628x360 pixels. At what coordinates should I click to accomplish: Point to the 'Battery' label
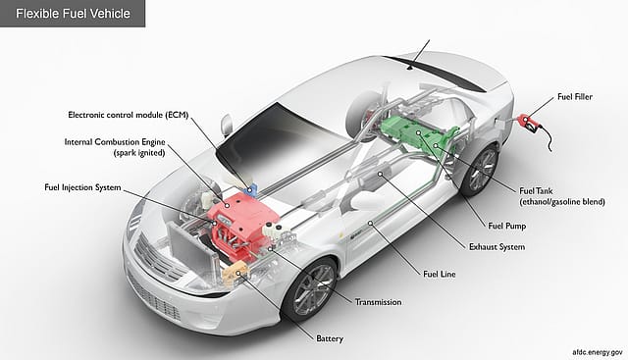pos(329,338)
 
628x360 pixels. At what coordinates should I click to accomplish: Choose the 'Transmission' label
pos(377,301)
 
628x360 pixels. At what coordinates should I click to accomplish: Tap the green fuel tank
pos(418,137)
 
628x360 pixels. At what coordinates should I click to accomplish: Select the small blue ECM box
pos(252,186)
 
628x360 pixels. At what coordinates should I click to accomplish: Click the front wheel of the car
pos(310,287)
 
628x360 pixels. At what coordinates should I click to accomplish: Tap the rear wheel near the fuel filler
pos(480,170)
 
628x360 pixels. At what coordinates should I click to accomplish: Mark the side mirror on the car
pos(227,126)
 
